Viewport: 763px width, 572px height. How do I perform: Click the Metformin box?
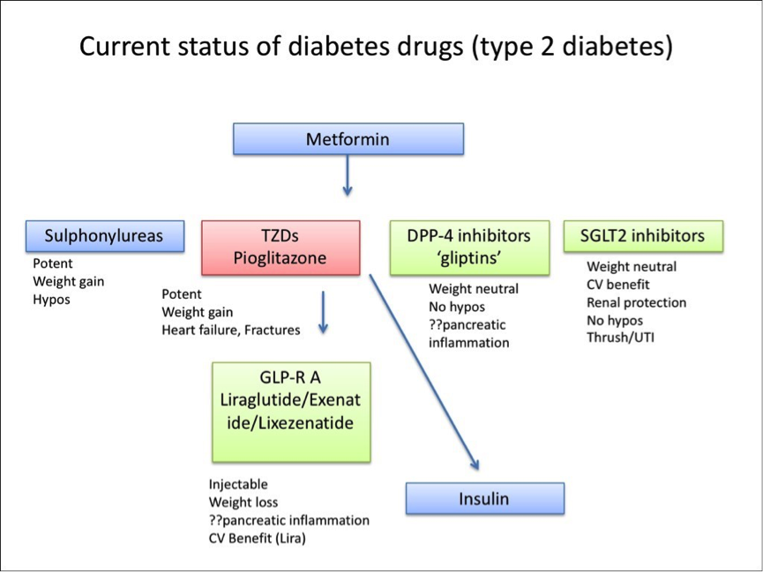(348, 139)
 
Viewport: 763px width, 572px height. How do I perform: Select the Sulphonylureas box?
(105, 236)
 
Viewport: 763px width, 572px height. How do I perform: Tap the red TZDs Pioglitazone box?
(281, 247)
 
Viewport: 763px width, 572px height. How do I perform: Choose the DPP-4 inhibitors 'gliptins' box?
(468, 247)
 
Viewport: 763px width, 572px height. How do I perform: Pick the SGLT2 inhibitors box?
(642, 235)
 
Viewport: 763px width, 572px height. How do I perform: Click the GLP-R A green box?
(290, 412)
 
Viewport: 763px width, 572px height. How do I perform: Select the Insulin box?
(483, 499)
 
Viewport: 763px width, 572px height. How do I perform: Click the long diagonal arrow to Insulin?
(423, 370)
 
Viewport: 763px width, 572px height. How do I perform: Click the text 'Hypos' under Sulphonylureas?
(52, 300)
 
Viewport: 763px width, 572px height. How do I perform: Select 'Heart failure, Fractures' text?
(230, 331)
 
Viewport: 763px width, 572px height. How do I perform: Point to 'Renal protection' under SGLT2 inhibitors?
(636, 303)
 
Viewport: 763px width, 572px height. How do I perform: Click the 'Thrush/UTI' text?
(620, 338)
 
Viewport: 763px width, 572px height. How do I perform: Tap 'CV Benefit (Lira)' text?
(258, 539)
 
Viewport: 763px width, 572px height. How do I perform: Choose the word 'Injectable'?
(238, 484)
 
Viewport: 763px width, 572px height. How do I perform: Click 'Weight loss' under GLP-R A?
(243, 502)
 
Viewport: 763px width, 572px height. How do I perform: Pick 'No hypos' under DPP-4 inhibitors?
(457, 307)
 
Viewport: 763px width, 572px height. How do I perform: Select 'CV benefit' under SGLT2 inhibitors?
(618, 285)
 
